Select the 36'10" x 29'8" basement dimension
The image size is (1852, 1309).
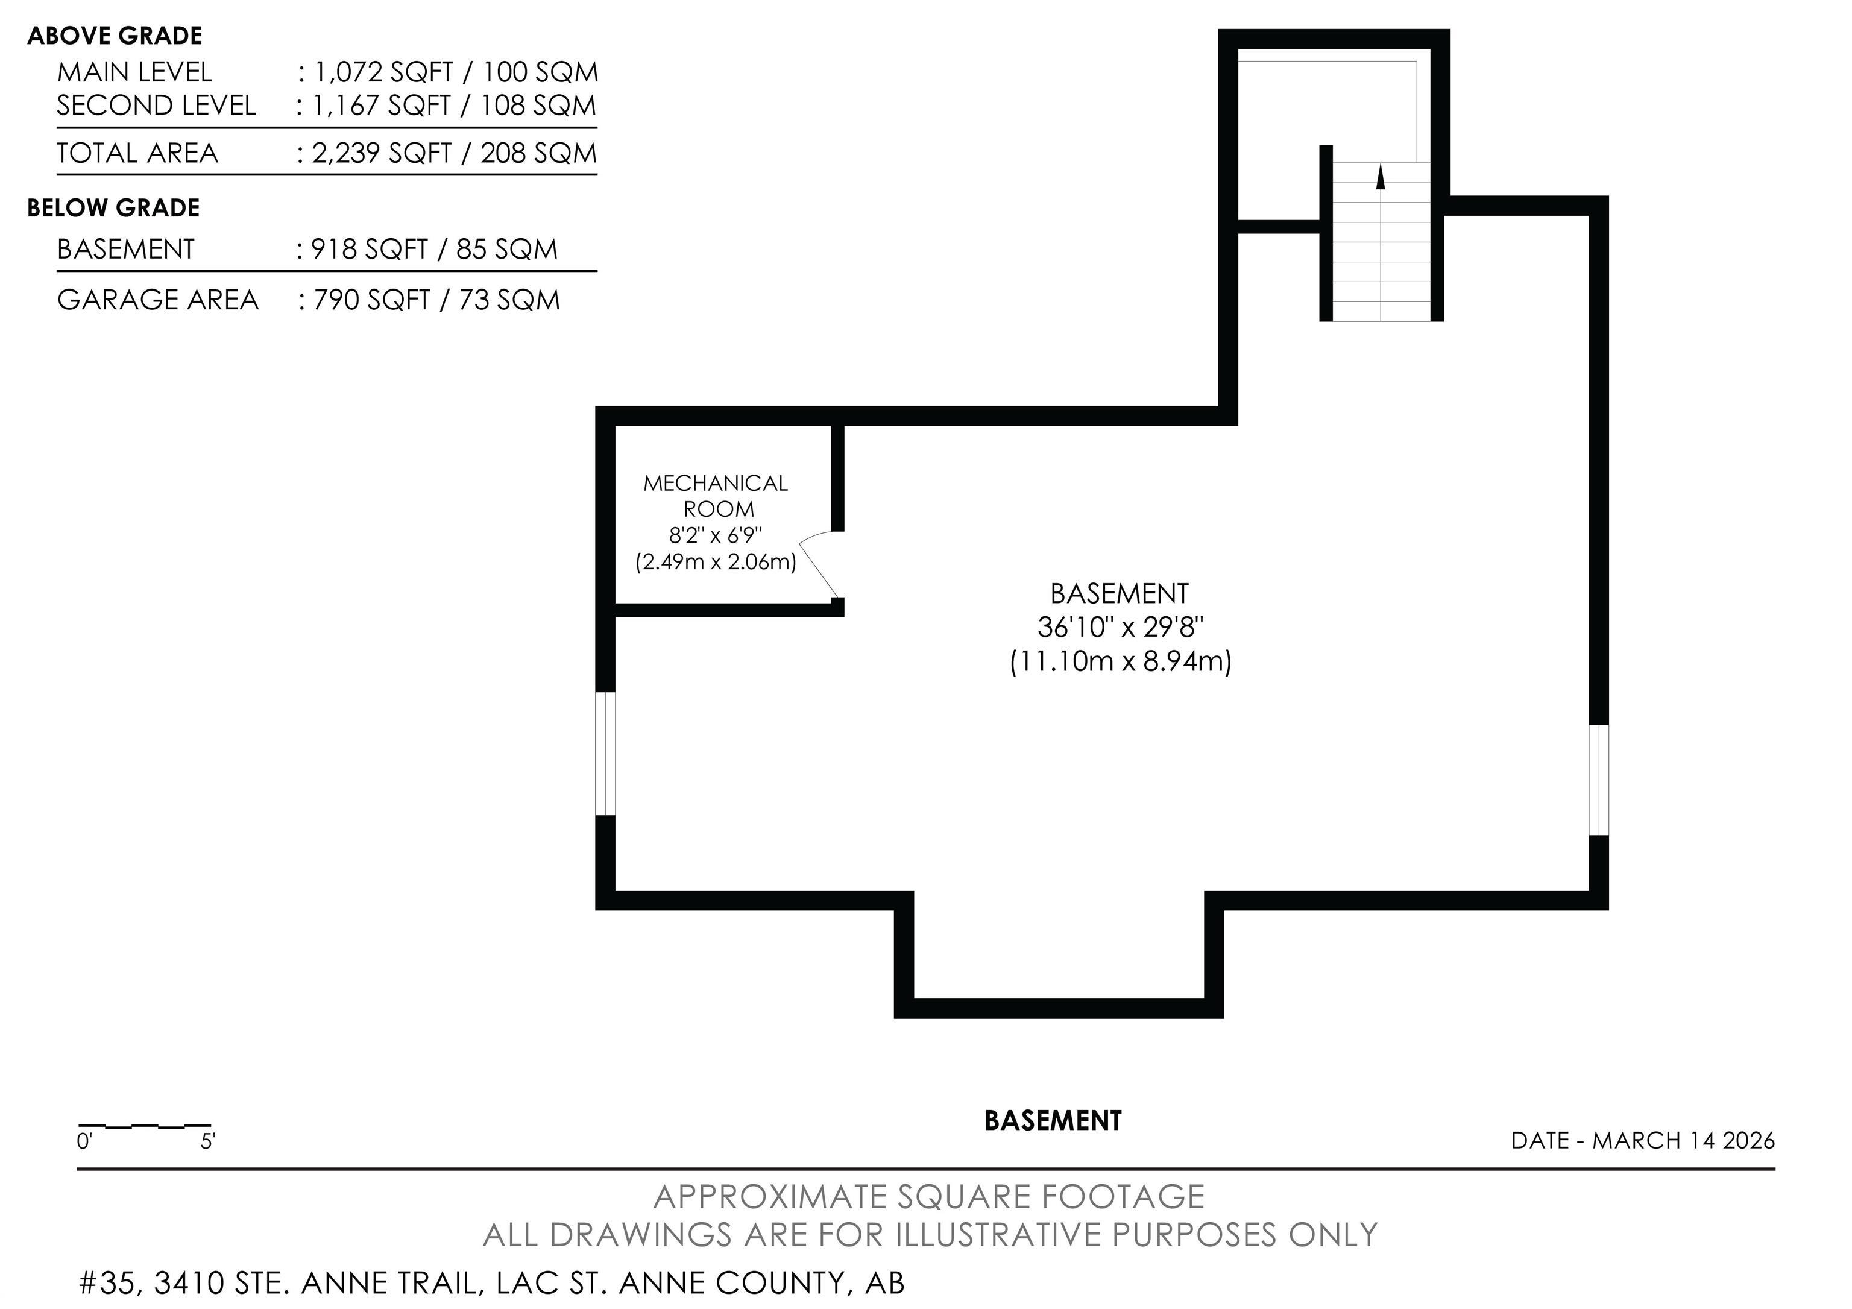coord(1120,626)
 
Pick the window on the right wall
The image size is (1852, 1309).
coord(1599,780)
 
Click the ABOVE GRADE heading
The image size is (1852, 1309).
coord(115,36)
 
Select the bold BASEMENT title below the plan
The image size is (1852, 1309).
coord(1053,1120)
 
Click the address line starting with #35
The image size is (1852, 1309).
coord(492,1282)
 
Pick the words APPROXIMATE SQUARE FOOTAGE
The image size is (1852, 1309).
coord(928,1196)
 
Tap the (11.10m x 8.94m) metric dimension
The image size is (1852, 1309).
coord(1120,661)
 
